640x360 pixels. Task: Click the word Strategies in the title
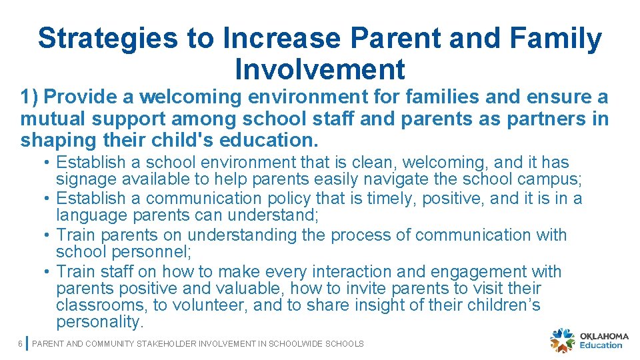click(108, 39)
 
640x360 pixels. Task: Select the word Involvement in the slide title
click(320, 69)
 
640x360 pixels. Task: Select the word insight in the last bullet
click(352, 306)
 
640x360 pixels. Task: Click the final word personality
click(99, 323)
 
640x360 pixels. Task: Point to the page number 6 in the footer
click(21, 344)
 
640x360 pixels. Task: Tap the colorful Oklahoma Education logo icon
click(563, 340)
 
